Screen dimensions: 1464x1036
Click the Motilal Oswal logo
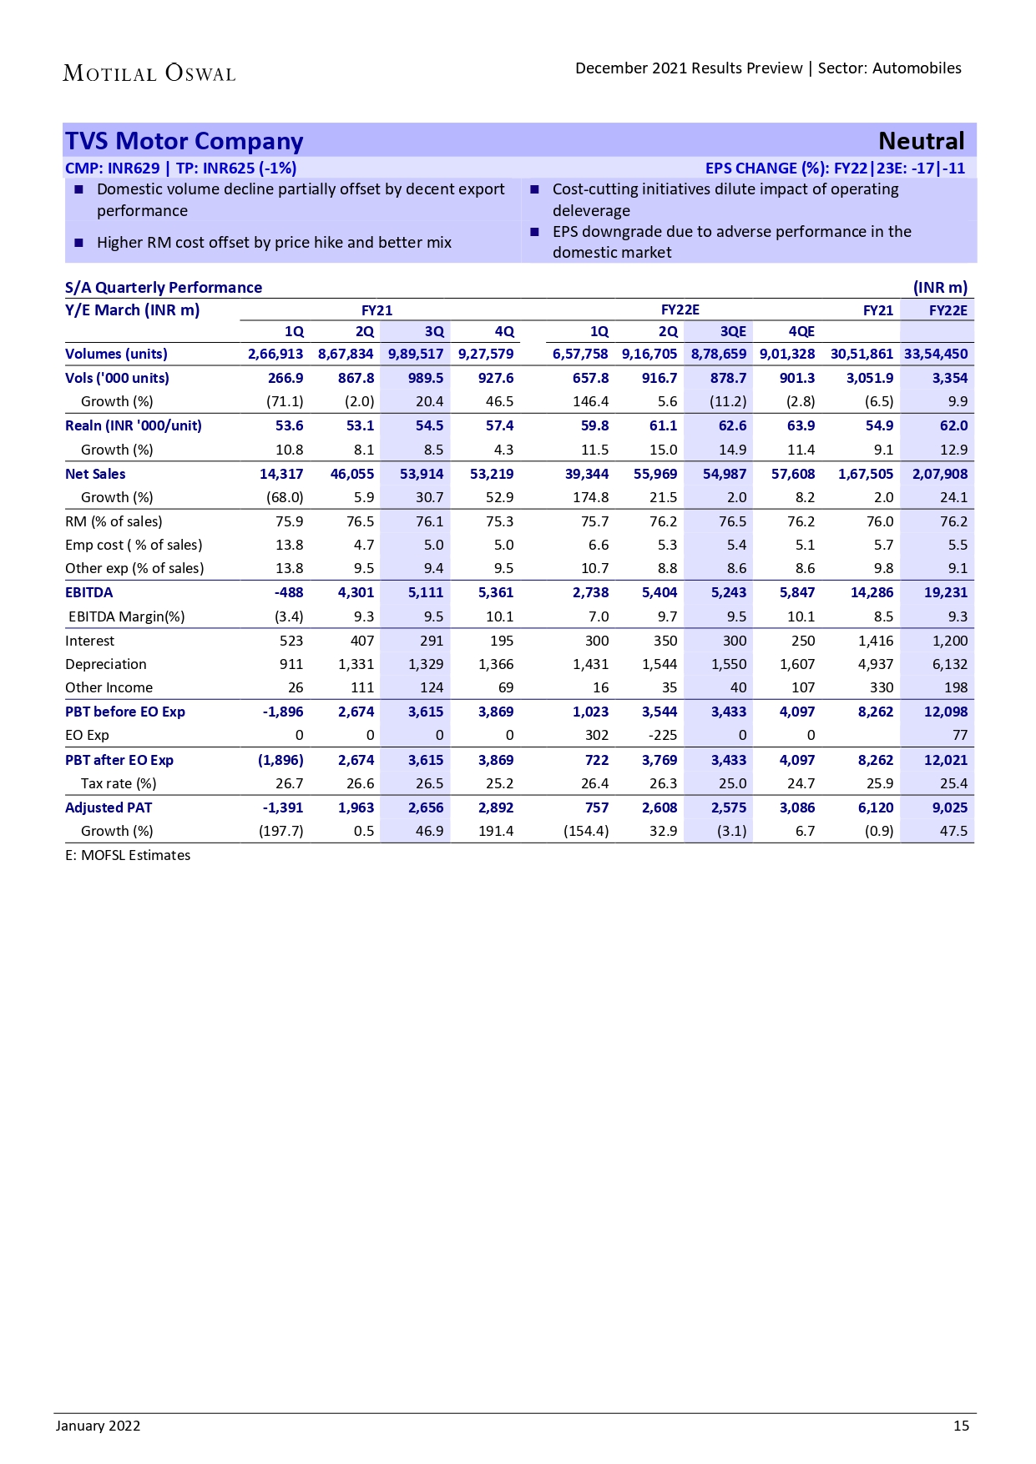[x=149, y=73]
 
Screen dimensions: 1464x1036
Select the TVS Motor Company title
[x=184, y=141]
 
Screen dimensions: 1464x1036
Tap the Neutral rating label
[x=921, y=141]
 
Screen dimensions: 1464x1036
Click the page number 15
[x=961, y=1426]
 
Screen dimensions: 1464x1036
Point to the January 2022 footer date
[x=99, y=1426]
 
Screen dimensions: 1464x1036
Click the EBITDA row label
[x=89, y=592]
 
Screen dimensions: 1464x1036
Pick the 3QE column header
[x=733, y=331]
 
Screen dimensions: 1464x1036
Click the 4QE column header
[x=801, y=331]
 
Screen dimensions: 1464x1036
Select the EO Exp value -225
[x=663, y=735]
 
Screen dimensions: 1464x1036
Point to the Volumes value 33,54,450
[x=936, y=354]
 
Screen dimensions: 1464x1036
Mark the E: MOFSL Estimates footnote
[x=128, y=855]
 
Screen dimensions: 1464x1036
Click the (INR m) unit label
[x=940, y=288]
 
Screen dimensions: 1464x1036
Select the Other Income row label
[x=109, y=687]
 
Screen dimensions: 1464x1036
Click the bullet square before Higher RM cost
[x=79, y=243]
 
